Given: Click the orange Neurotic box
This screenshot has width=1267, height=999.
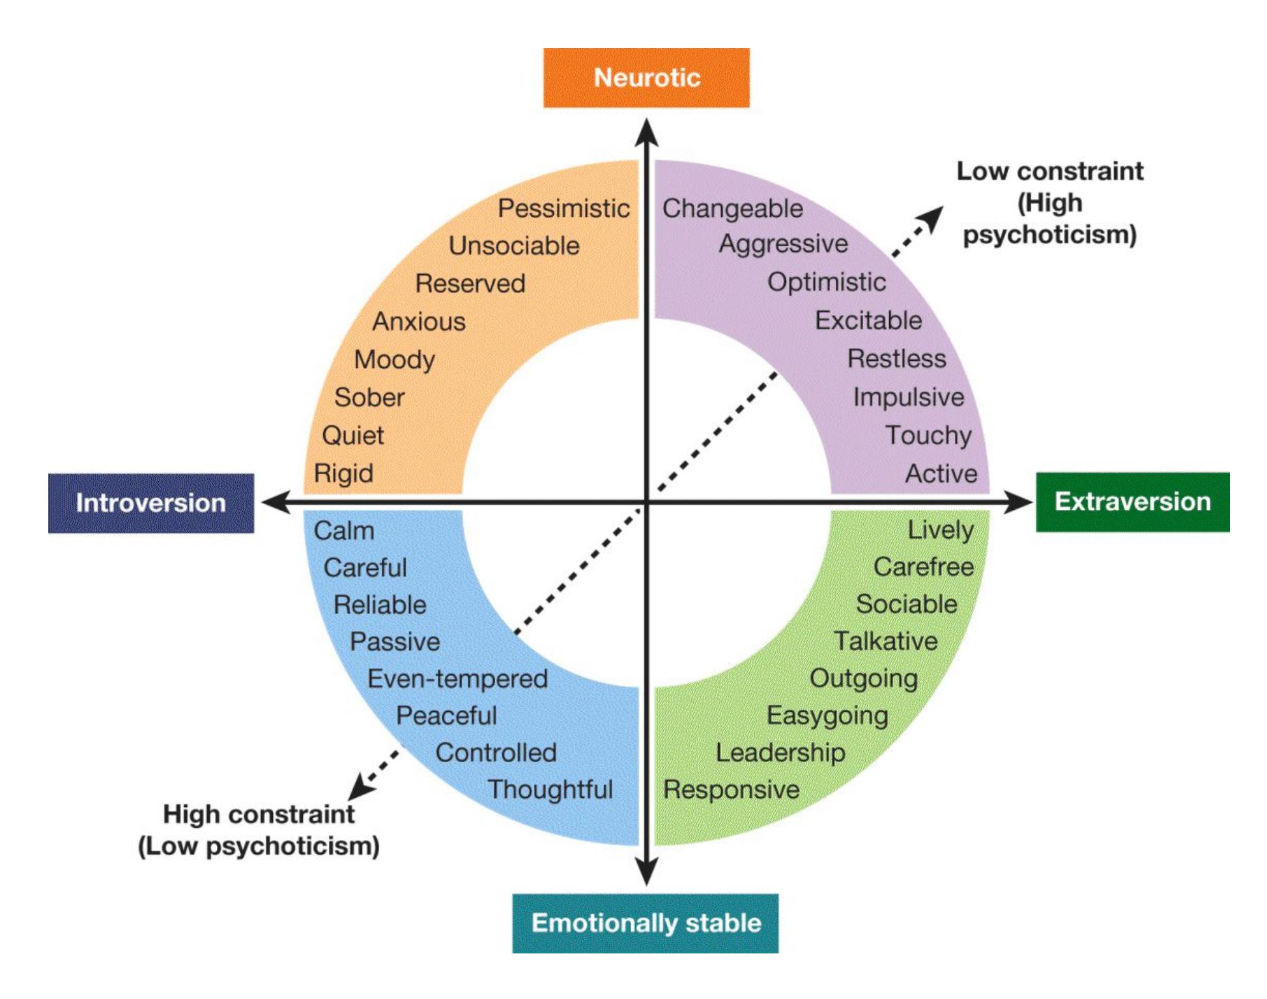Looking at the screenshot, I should pyautogui.click(x=646, y=77).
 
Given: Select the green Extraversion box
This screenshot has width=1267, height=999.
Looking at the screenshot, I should pyautogui.click(x=1132, y=502).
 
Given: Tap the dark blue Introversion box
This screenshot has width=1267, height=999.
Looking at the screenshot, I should pyautogui.click(x=150, y=503).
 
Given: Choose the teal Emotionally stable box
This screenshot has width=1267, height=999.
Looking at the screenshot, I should pyautogui.click(x=645, y=923).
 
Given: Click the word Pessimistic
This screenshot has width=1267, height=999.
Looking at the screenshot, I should pyautogui.click(x=563, y=208).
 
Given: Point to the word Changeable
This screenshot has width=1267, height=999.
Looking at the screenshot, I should pyautogui.click(x=732, y=208).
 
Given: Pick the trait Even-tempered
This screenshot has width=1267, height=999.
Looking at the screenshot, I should pyautogui.click(x=457, y=679).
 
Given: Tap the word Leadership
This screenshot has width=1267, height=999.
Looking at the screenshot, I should pyautogui.click(x=780, y=752).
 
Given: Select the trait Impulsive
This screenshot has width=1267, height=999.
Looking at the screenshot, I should pyautogui.click(x=909, y=397).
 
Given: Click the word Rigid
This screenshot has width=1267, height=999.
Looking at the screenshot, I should pyautogui.click(x=343, y=473).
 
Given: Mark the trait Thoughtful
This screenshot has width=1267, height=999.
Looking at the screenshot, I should pyautogui.click(x=550, y=789).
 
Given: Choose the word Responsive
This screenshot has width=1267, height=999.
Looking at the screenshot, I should pyautogui.click(x=731, y=789).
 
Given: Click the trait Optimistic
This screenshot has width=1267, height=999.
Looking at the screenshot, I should pyautogui.click(x=827, y=282).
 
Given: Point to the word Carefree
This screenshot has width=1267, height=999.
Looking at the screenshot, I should pyautogui.click(x=923, y=567).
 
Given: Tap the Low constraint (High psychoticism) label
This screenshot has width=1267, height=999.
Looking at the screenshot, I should pyautogui.click(x=1049, y=203).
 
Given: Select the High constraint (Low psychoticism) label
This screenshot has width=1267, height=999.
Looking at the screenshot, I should pyautogui.click(x=259, y=830).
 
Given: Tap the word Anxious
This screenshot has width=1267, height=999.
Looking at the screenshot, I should pyautogui.click(x=419, y=321).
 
